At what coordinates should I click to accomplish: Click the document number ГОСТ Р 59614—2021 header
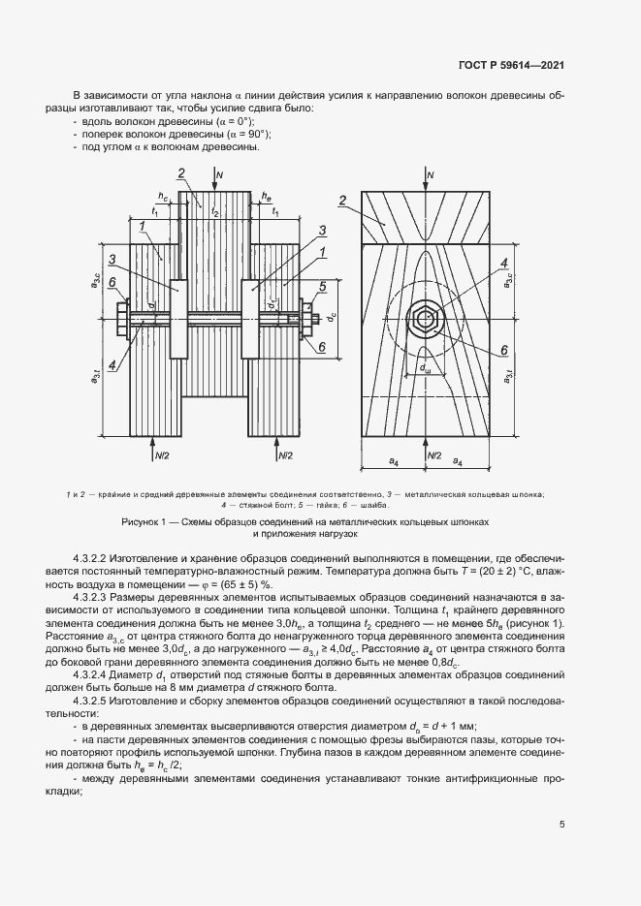click(x=511, y=65)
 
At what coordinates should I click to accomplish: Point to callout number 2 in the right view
click(x=342, y=201)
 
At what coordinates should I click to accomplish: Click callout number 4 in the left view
click(x=112, y=364)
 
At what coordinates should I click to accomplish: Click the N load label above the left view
click(x=220, y=174)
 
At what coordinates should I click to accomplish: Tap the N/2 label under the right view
click(x=434, y=453)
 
